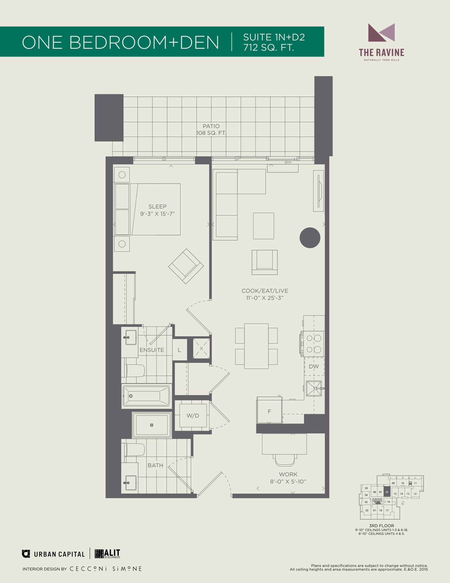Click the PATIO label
[211, 126]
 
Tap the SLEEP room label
[157, 207]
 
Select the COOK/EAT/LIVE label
[265, 291]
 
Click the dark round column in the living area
[310, 238]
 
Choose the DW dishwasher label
[314, 366]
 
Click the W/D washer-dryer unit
[193, 416]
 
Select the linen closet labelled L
[179, 350]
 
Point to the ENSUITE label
[152, 350]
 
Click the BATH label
[155, 465]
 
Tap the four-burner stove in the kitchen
[313, 344]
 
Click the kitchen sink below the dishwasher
[314, 388]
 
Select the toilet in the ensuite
[135, 370]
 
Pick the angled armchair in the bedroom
[186, 266]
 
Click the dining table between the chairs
[256, 346]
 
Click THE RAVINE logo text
[382, 52]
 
